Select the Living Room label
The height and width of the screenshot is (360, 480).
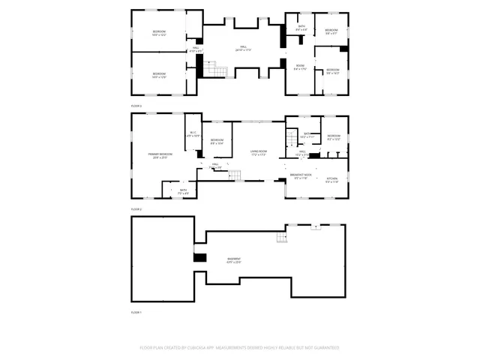pos(259,152)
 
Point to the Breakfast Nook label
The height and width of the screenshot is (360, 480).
pos(301,176)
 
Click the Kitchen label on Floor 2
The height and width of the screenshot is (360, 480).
pos(332,179)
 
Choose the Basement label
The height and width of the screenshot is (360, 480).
pos(235,259)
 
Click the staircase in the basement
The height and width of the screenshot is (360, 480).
pos(280,238)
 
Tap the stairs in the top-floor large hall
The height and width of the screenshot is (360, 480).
pos(216,69)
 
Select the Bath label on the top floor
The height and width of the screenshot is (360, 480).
pos(301,27)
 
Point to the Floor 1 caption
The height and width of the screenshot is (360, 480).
pos(136,312)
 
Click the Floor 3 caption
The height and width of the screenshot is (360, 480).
pos(136,106)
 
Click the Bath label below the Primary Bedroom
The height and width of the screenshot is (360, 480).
pos(184,191)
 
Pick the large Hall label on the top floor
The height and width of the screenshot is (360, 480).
pos(244,48)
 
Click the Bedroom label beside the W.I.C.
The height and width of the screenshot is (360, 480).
pos(217,142)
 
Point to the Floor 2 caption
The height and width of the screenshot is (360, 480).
pos(136,208)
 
